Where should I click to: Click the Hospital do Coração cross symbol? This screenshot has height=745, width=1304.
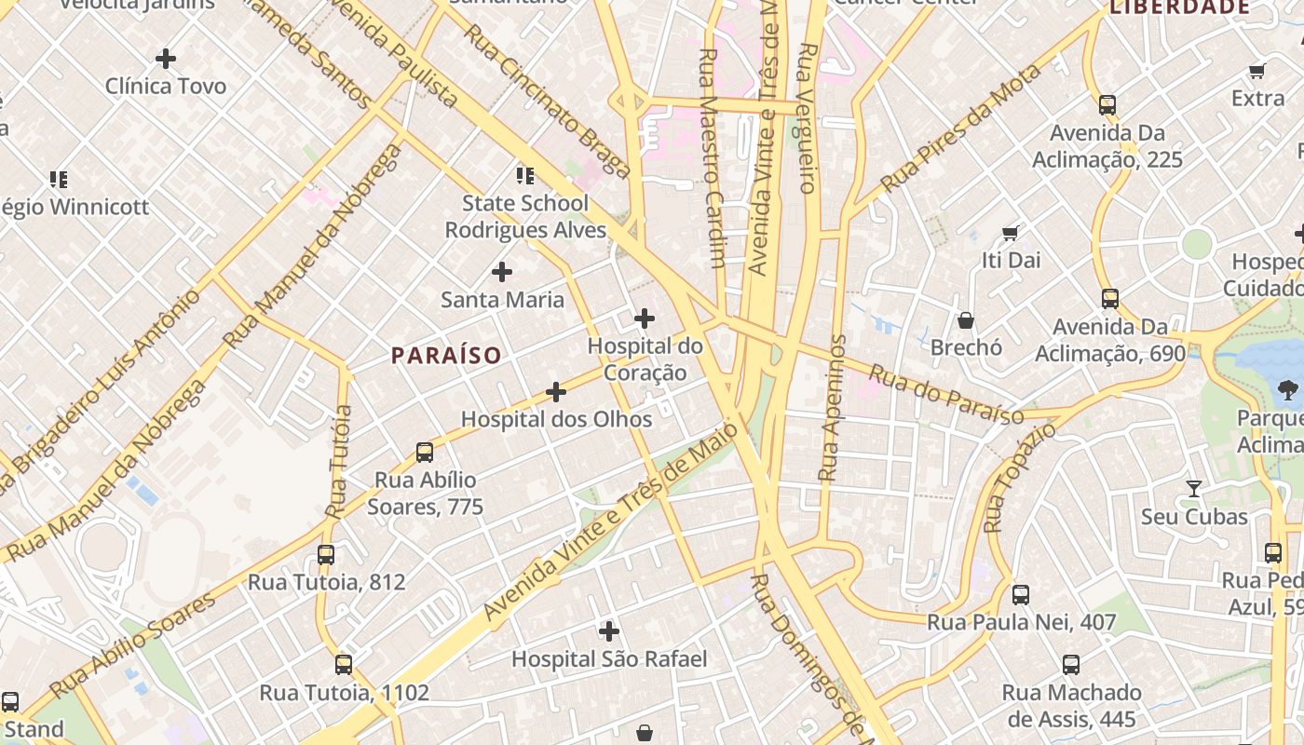[644, 319]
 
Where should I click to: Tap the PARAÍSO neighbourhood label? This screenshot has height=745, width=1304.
[446, 355]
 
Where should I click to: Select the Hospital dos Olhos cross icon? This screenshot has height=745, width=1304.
[556, 392]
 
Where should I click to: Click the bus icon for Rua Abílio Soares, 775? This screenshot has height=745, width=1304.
[425, 453]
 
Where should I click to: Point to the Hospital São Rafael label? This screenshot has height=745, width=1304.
[609, 659]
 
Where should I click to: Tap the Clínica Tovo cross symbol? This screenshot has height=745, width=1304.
[166, 59]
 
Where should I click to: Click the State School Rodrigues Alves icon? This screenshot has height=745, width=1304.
[525, 175]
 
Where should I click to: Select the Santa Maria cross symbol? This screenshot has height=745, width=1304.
[502, 272]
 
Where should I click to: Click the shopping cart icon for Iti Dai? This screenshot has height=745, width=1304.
[1011, 233]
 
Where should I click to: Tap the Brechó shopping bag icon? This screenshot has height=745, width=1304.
[966, 320]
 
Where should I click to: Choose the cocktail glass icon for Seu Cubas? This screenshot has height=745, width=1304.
[1194, 488]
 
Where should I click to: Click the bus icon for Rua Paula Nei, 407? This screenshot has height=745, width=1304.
[1021, 594]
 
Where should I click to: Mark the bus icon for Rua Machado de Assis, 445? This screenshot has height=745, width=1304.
[1071, 665]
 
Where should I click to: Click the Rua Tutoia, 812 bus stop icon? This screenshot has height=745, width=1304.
[326, 555]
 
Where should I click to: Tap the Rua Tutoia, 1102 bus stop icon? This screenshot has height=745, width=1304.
[344, 665]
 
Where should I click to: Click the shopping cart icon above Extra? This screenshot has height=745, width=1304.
[1257, 71]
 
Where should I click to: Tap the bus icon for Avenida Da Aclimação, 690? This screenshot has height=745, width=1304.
[1110, 299]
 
